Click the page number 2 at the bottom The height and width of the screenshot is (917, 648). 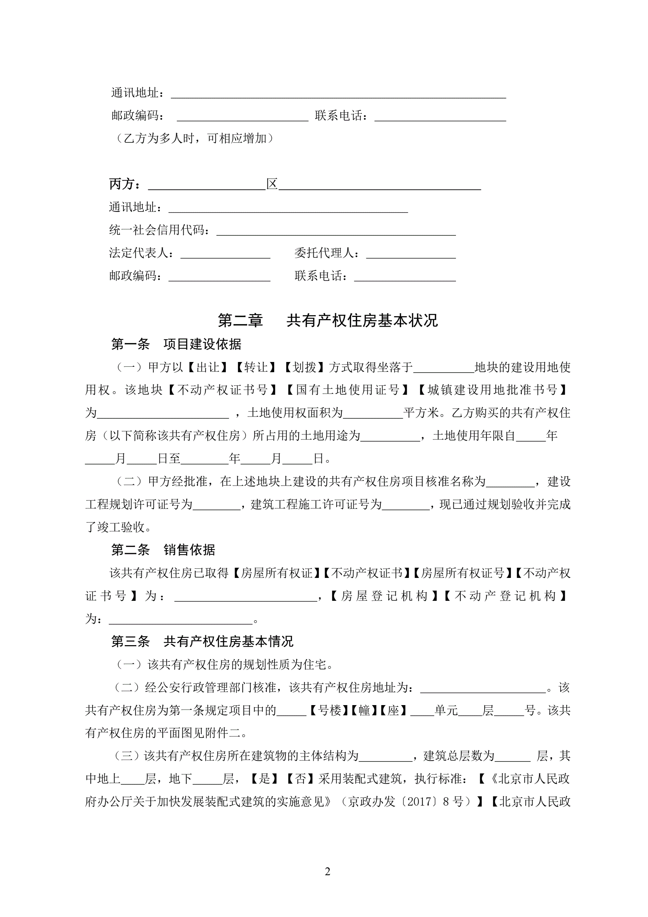(327, 872)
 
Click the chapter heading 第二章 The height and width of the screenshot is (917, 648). (240, 320)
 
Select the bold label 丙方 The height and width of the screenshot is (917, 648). (125, 184)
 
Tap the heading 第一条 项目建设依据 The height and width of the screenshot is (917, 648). (176, 344)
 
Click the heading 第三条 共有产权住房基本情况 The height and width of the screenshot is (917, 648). (202, 642)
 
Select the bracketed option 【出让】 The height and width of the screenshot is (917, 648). (208, 367)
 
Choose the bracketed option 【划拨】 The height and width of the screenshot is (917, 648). (304, 367)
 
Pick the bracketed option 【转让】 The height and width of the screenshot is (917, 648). (256, 367)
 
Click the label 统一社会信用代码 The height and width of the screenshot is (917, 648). (159, 230)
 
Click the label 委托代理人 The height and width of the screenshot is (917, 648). (326, 253)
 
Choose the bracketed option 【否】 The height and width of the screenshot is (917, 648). (301, 779)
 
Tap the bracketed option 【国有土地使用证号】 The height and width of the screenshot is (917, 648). (347, 390)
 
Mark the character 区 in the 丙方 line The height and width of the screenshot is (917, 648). (272, 184)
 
